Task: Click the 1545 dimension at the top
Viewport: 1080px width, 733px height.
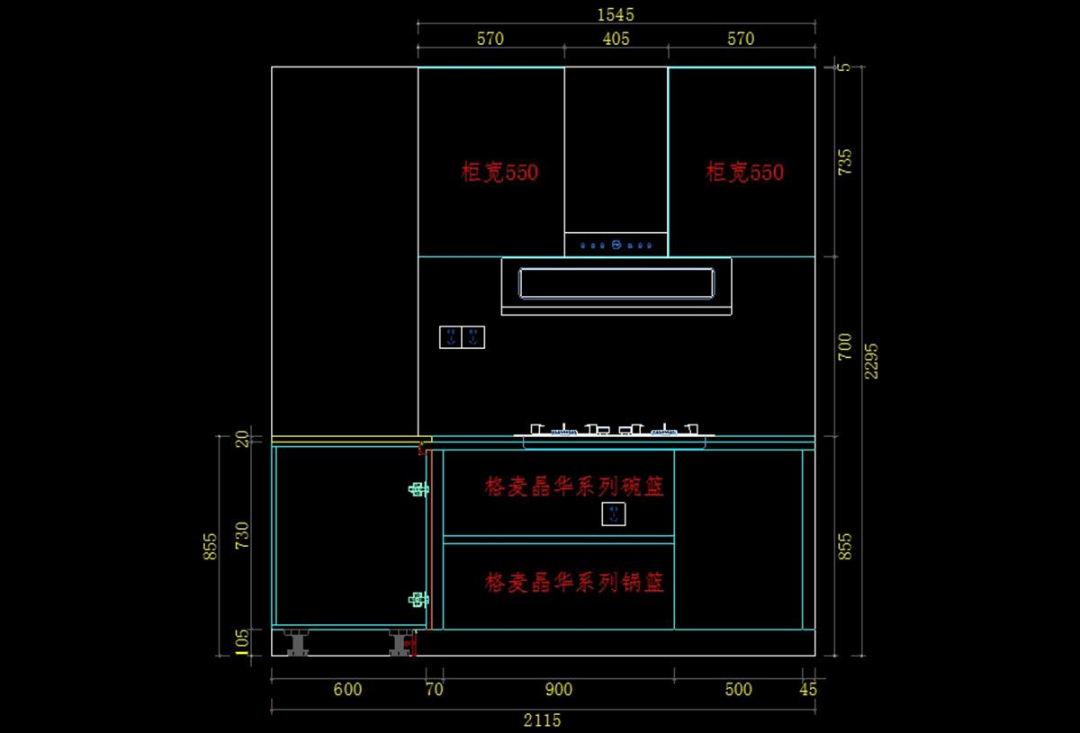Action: (616, 14)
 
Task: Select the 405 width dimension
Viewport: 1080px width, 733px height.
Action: (616, 39)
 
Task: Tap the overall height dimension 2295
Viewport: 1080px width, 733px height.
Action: (871, 360)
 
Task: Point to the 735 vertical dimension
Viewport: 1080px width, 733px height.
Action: (845, 162)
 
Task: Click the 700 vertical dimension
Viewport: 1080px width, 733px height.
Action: (845, 346)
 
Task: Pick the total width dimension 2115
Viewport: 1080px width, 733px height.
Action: (542, 720)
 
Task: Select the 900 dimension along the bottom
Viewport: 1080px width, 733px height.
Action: (558, 690)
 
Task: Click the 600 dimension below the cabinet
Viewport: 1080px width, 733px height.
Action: (347, 690)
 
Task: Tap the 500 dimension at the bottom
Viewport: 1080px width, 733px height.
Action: (738, 690)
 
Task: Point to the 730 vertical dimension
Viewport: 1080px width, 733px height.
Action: (241, 535)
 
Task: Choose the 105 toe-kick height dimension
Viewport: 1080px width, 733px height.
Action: (241, 642)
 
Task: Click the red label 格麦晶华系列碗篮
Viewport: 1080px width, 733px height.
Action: (574, 487)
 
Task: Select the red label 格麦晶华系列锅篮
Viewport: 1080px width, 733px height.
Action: (574, 583)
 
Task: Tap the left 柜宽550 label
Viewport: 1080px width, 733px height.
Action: (499, 172)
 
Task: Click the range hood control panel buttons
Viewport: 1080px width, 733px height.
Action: (616, 245)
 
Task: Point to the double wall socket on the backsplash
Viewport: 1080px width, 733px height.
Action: (462, 337)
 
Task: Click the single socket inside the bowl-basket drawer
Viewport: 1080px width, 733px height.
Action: (614, 514)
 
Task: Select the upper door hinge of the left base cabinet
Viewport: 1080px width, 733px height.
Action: (418, 489)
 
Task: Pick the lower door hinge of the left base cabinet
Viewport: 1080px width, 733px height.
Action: (418, 599)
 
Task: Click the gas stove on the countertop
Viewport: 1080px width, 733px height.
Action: (615, 432)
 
